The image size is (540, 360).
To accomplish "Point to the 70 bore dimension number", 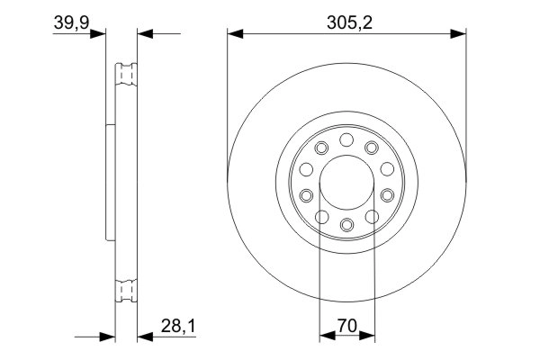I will (x=346, y=328).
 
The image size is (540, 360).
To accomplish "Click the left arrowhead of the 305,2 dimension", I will (x=234, y=34).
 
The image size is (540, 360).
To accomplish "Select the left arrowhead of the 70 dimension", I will (x=327, y=338).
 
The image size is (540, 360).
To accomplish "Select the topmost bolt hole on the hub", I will (x=346, y=139).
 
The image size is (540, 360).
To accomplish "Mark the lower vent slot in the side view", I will (x=125, y=290).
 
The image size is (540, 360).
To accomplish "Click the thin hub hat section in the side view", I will (x=110, y=182).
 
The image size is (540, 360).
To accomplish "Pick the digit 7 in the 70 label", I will (x=340, y=328).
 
